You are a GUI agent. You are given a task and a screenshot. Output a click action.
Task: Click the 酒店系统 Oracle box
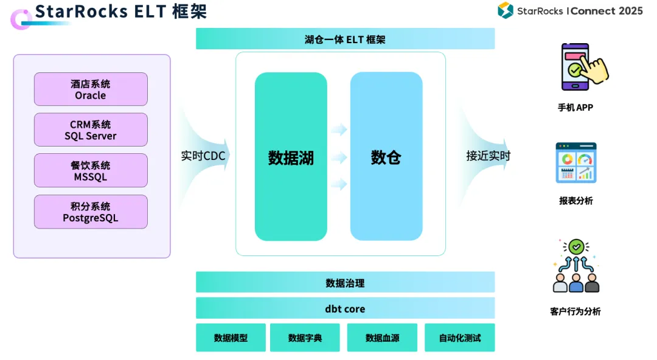click(x=91, y=89)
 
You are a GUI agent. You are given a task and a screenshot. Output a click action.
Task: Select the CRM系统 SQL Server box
click(x=91, y=130)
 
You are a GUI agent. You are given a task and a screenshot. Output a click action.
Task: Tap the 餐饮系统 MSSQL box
click(x=91, y=170)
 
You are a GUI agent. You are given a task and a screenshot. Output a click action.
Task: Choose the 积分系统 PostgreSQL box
click(x=91, y=212)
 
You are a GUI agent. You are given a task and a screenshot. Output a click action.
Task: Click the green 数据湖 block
click(x=291, y=157)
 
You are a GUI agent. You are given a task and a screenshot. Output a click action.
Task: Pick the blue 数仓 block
click(x=386, y=157)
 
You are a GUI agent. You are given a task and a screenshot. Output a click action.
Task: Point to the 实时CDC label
click(x=203, y=156)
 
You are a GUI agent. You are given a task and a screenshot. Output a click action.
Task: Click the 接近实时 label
click(x=488, y=156)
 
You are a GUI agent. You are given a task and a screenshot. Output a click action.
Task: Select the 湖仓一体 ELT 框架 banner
click(x=345, y=40)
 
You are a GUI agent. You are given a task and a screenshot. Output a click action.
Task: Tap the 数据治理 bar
click(x=345, y=283)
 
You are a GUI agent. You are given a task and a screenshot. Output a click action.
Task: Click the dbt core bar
click(x=345, y=308)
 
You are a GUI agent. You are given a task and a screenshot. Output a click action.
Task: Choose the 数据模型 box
click(x=231, y=337)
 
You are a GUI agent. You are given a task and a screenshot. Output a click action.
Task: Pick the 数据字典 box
click(x=305, y=337)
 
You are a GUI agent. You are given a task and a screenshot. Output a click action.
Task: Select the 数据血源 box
click(x=382, y=337)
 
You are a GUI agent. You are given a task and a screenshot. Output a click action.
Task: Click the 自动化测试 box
click(x=459, y=337)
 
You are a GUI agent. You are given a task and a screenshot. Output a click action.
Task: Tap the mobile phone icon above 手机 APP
click(x=581, y=66)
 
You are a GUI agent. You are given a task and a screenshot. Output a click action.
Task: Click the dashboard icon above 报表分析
click(x=575, y=163)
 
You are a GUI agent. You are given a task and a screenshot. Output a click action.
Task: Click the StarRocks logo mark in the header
click(x=506, y=10)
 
